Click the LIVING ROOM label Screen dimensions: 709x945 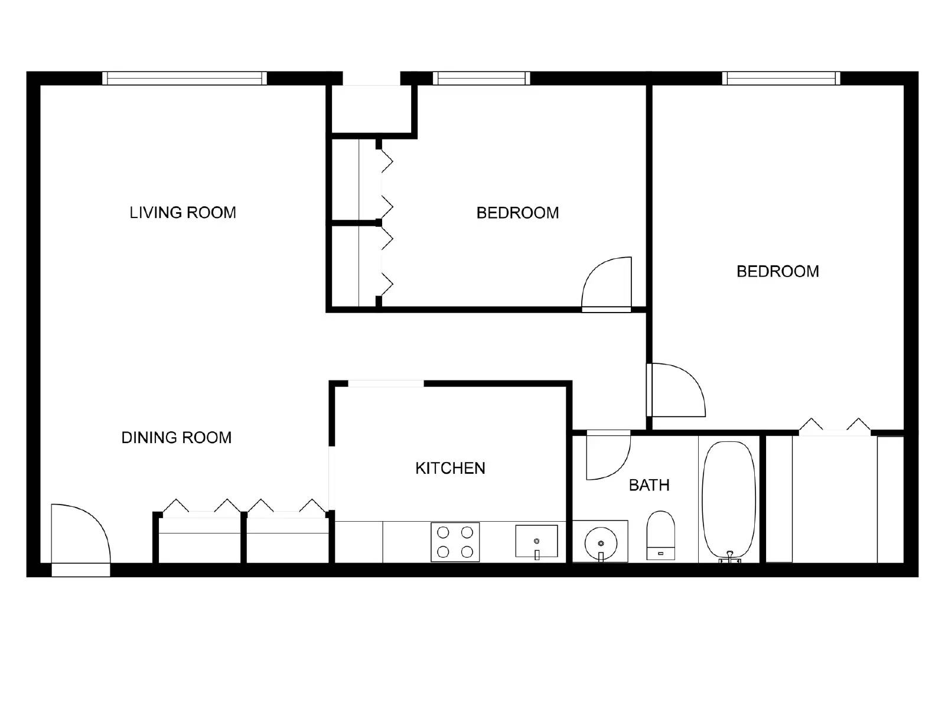[183, 213]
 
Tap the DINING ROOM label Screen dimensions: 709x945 [176, 438]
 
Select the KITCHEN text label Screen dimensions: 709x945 [450, 469]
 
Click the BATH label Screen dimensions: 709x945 [649, 486]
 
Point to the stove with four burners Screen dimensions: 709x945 [455, 542]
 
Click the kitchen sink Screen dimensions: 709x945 [536, 541]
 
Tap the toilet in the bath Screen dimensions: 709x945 [660, 534]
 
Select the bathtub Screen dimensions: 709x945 [728, 499]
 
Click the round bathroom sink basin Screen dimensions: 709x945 [601, 542]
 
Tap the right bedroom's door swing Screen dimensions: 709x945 [676, 390]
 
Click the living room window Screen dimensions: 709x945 [184, 79]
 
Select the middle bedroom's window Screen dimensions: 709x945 [481, 79]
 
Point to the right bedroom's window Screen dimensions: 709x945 [780, 79]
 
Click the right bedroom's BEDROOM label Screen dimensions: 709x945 [777, 272]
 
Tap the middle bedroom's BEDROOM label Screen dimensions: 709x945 [517, 213]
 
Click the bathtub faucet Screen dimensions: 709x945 [730, 557]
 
